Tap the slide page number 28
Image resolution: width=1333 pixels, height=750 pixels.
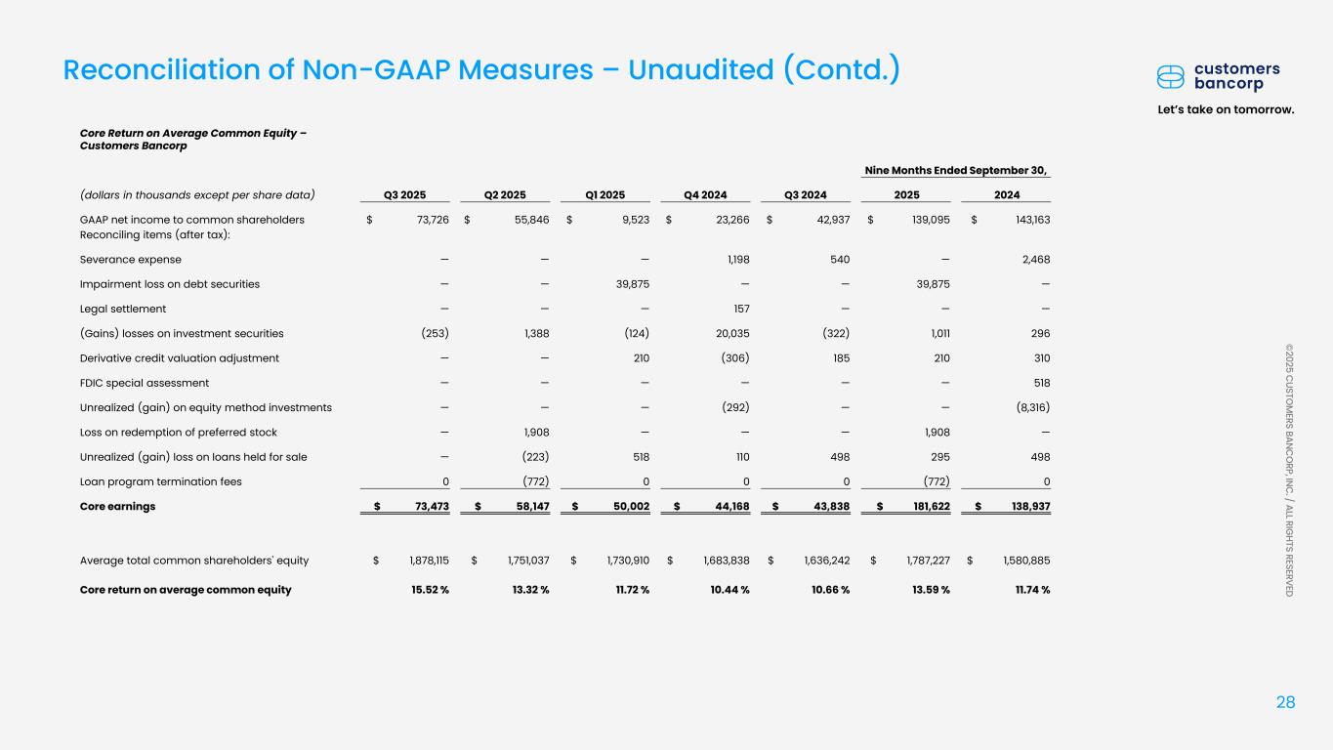tap(1286, 701)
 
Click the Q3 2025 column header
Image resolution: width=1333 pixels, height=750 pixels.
tap(405, 193)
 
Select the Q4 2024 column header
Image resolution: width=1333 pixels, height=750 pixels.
tap(706, 193)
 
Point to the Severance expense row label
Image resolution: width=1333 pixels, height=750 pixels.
tap(130, 259)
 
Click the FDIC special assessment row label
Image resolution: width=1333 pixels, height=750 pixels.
tap(144, 383)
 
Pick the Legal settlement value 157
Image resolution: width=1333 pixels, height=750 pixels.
tap(739, 309)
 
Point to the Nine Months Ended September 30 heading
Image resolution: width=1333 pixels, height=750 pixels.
tap(956, 170)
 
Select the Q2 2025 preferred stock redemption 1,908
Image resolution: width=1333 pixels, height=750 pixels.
tap(534, 432)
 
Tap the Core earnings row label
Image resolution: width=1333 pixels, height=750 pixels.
tap(117, 506)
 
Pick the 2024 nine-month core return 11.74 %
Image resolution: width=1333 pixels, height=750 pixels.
tap(1028, 589)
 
